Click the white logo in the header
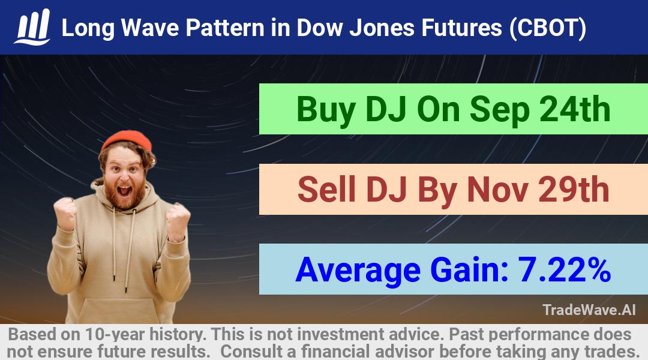tap(32, 27)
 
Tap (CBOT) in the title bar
tap(548, 28)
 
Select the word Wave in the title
tap(150, 28)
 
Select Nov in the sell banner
tap(497, 190)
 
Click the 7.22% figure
tap(564, 270)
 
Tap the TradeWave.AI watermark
tap(589, 310)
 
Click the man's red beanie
tap(127, 140)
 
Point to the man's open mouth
tap(124, 191)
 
